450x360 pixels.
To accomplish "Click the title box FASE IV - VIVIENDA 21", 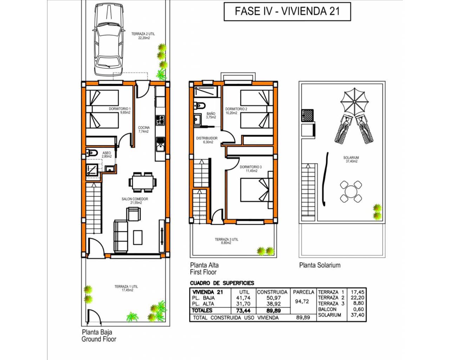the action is (x=287, y=12).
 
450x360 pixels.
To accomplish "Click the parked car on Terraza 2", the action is (x=108, y=39).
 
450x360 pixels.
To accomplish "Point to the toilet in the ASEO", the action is (x=92, y=153).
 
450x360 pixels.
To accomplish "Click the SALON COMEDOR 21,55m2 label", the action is (x=135, y=201).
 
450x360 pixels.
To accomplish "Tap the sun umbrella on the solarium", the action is (x=354, y=102).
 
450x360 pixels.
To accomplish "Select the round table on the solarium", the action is (x=351, y=192).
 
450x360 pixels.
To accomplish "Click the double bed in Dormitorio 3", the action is (x=257, y=190).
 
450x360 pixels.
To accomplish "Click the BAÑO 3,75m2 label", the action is (x=211, y=115).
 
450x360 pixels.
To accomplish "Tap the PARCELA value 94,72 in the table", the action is (x=302, y=301).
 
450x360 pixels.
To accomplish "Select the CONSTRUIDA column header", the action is (x=272, y=292).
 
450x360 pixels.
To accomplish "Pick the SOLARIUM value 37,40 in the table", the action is (x=358, y=315).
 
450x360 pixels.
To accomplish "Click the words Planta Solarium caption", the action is (x=320, y=265).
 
